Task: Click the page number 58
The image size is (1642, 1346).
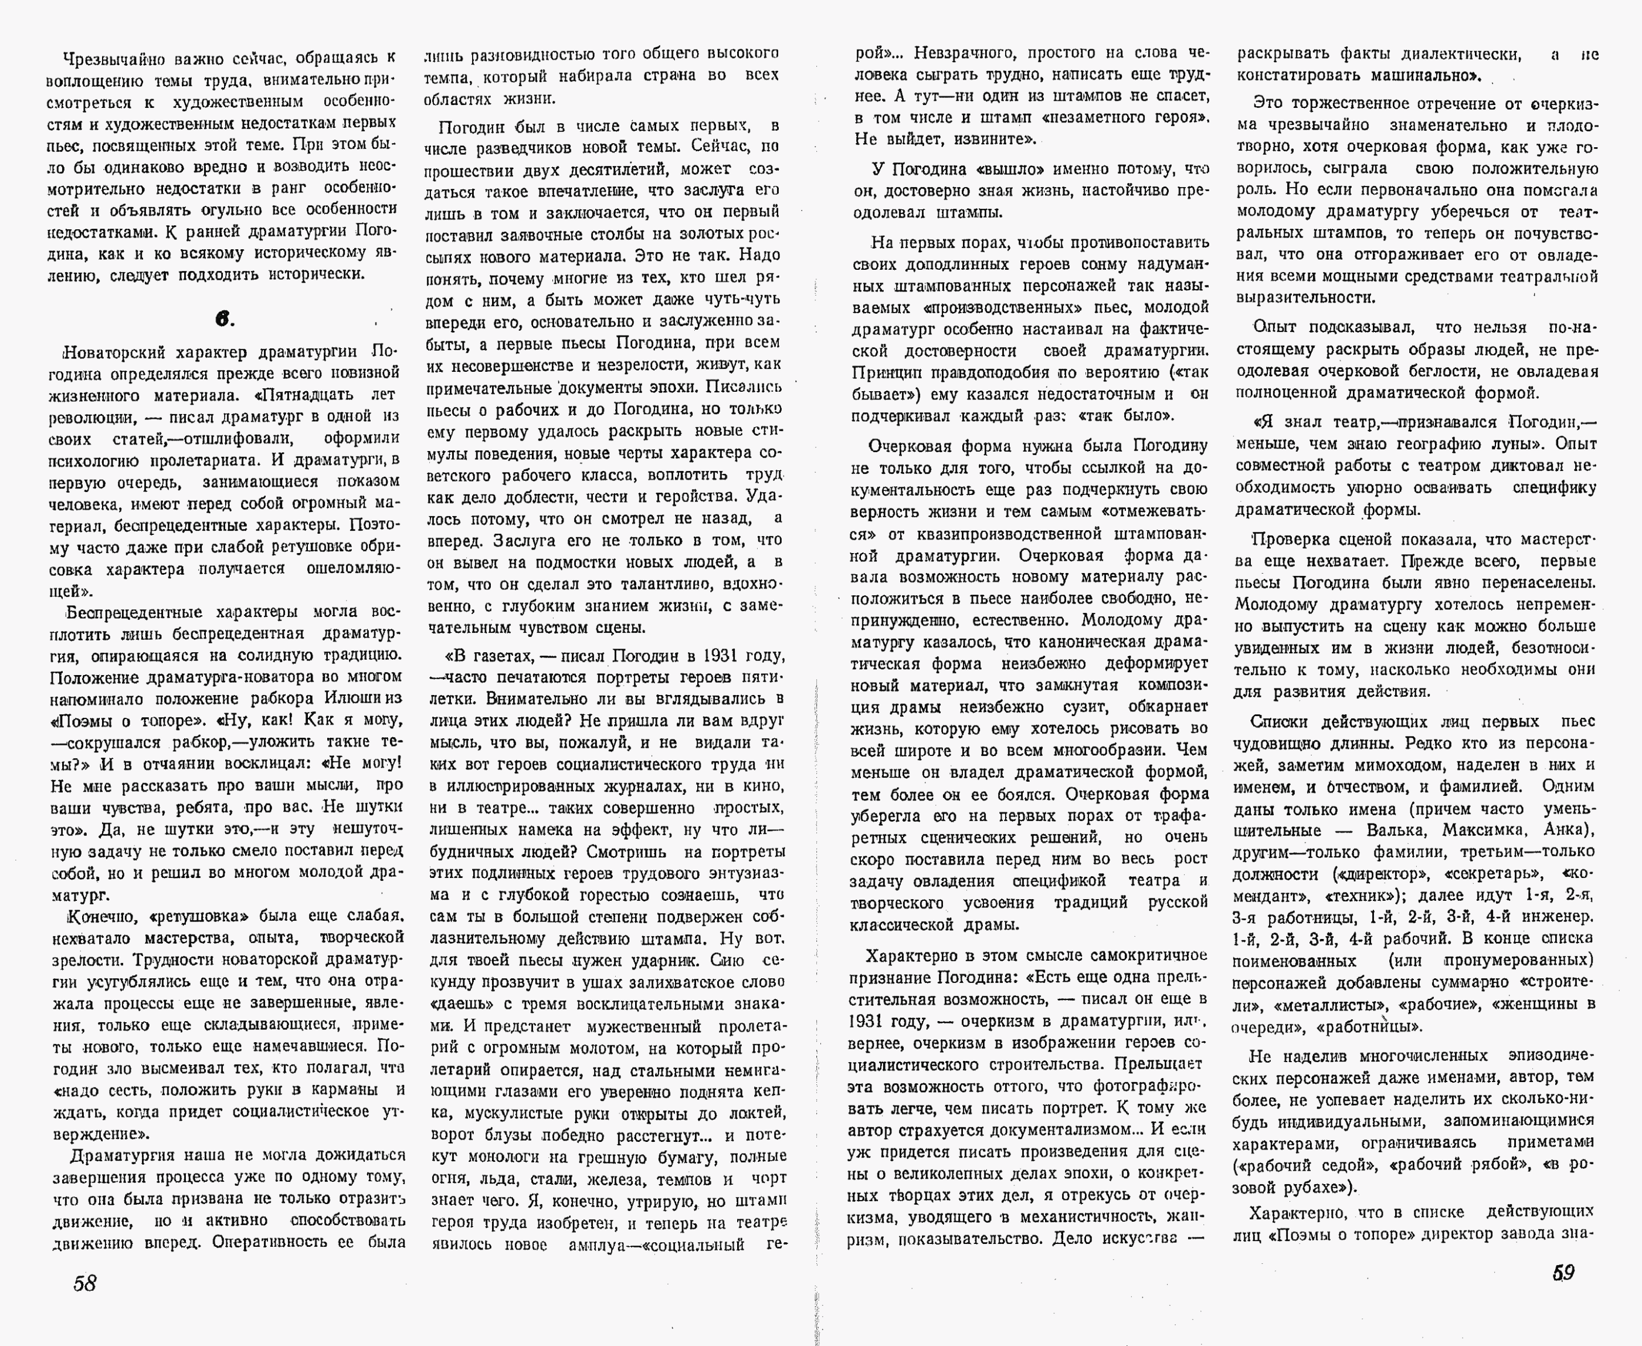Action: (x=84, y=1283)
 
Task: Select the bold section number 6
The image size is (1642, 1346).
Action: (x=224, y=320)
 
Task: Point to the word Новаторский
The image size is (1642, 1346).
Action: (x=113, y=353)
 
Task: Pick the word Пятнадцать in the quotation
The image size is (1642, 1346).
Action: (x=311, y=395)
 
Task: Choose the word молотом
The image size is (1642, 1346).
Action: (x=598, y=1049)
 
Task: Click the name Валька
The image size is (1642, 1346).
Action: (x=1396, y=830)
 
